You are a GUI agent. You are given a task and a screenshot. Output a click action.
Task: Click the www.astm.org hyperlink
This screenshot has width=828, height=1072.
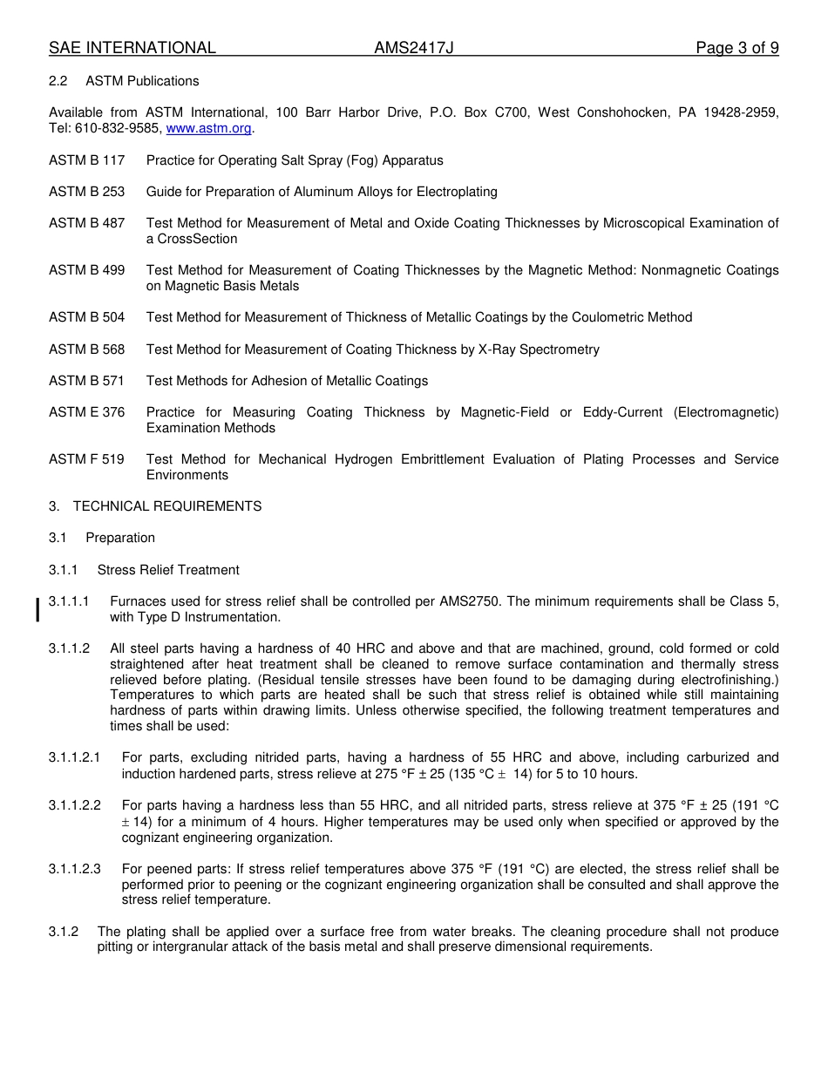pos(208,129)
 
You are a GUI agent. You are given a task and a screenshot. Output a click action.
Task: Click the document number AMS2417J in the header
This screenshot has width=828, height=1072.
pos(414,48)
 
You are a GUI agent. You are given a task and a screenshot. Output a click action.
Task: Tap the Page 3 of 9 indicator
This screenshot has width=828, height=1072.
pos(736,48)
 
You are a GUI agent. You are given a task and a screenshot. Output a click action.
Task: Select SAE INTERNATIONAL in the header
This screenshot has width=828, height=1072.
pos(132,48)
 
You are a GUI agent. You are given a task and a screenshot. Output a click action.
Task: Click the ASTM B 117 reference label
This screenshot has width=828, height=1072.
pos(86,160)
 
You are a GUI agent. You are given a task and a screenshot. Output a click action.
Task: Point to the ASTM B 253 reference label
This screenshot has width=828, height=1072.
pos(86,192)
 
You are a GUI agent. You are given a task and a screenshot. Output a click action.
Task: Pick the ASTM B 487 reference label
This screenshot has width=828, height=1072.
pos(86,223)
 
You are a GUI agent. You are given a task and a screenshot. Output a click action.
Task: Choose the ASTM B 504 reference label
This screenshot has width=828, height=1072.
pos(86,317)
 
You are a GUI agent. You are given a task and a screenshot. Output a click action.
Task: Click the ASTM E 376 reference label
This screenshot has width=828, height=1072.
pos(86,412)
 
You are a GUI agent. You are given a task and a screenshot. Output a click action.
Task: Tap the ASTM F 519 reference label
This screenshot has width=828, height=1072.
pos(86,459)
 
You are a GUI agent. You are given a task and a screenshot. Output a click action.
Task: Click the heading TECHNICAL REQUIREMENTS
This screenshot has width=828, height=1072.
pos(167,506)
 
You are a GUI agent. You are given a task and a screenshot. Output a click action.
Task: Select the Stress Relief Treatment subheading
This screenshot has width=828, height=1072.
pos(168,570)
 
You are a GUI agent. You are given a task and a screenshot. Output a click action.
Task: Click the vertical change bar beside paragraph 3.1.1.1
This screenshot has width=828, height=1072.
pos(37,609)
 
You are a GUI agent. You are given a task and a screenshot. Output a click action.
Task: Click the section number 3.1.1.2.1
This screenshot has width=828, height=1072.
pos(75,758)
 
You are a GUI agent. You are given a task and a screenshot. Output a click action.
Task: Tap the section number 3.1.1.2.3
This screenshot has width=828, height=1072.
pos(75,869)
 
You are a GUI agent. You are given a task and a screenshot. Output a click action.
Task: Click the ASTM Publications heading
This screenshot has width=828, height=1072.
pos(142,81)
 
